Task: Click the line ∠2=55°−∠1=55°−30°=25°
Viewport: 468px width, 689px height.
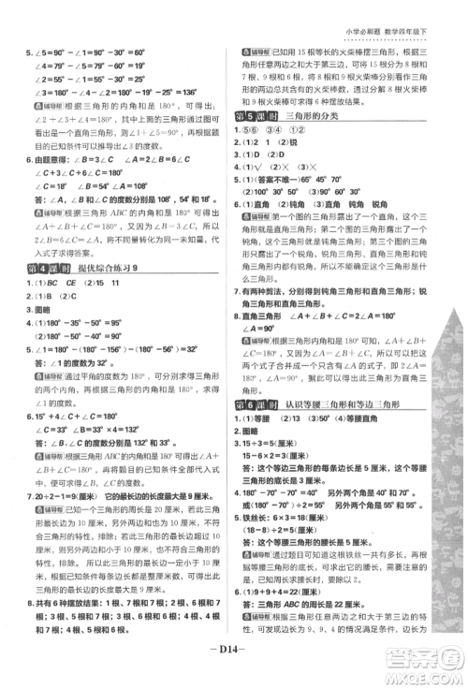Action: tap(104, 79)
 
